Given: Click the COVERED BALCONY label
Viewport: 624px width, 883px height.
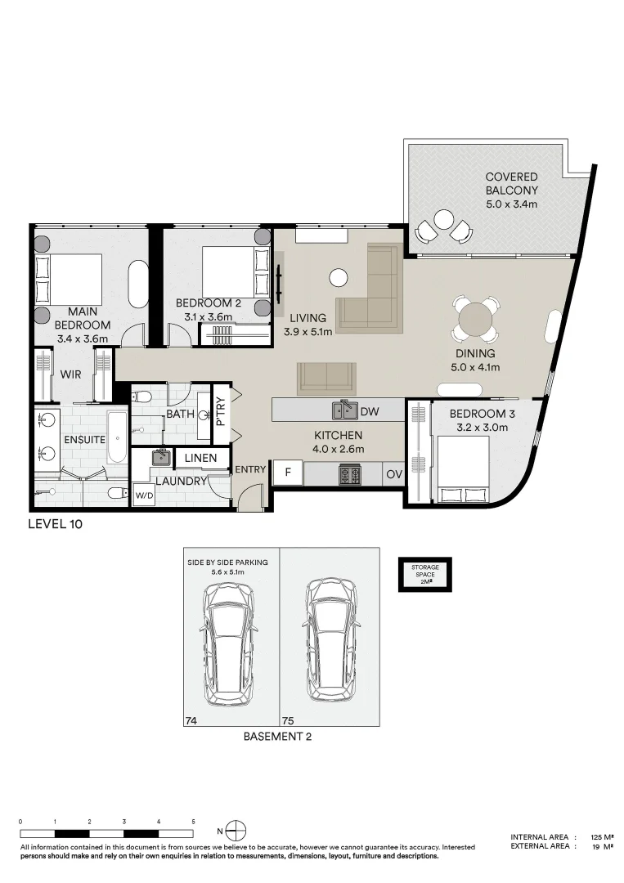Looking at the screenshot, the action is [x=511, y=184].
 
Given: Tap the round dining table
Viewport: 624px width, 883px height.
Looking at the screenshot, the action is [x=476, y=320].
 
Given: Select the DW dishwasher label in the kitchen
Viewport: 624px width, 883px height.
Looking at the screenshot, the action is [x=370, y=411].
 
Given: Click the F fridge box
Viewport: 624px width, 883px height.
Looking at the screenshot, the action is [x=288, y=473].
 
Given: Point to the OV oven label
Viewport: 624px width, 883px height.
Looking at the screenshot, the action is [x=394, y=474].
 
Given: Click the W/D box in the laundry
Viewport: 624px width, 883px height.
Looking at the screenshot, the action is [x=144, y=496].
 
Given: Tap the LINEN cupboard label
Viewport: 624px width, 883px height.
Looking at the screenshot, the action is [x=200, y=458].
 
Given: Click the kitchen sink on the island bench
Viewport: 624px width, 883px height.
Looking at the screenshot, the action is [x=344, y=410].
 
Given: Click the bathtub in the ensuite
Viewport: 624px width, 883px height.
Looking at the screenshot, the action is [x=117, y=437].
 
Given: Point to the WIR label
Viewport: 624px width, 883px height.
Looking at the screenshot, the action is [x=70, y=374].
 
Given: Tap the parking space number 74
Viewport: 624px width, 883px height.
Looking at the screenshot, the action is [x=191, y=721].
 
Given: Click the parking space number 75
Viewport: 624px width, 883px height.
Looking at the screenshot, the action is [x=288, y=721].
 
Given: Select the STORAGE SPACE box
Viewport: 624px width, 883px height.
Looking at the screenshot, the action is [x=425, y=575].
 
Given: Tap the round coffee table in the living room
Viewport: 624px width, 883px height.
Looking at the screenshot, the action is [x=339, y=276].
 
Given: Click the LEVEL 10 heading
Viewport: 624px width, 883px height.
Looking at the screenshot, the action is [x=55, y=524].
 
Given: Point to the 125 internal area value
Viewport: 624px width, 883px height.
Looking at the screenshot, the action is [x=596, y=837].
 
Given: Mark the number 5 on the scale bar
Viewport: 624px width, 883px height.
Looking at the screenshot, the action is [x=193, y=822].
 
